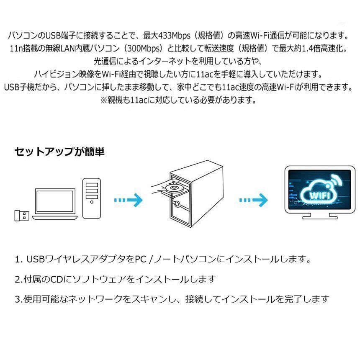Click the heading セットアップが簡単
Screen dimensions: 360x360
click(59, 152)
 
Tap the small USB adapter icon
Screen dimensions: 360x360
click(22, 215)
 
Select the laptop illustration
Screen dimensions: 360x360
click(55, 204)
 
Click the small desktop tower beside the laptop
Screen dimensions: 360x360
click(92, 198)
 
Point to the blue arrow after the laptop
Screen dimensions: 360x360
click(129, 200)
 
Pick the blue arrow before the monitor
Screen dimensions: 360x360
click(254, 200)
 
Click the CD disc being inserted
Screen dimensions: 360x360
click(174, 188)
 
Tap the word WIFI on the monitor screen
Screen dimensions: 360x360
click(320, 195)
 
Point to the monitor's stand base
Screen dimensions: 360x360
click(320, 216)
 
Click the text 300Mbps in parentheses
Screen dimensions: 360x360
click(143, 49)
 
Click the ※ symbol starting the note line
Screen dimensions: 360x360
click(104, 100)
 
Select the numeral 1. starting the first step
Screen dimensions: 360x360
click(19, 259)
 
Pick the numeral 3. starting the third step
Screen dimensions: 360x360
click(19, 299)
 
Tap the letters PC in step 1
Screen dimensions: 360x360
click(141, 259)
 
